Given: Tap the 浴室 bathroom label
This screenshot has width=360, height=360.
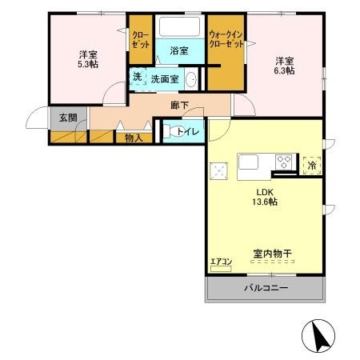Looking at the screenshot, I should [178, 51].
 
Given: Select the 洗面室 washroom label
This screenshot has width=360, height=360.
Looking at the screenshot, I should [165, 79].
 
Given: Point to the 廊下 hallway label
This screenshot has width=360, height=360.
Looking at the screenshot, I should [178, 104].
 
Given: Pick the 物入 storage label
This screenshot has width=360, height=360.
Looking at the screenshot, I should [134, 138].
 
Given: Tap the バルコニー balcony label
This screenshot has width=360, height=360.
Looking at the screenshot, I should [265, 289].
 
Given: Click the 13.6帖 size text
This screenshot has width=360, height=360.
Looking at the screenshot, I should [266, 203].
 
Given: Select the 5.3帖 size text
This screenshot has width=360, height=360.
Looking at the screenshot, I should [88, 66].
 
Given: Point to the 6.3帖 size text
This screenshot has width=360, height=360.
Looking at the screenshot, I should [285, 71].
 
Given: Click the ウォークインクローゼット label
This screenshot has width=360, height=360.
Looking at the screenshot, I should [226, 38].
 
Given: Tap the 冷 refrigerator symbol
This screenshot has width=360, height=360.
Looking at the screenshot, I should [312, 163].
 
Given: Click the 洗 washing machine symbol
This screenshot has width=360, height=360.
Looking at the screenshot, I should [137, 78].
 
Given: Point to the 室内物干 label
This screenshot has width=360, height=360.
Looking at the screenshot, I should [272, 254].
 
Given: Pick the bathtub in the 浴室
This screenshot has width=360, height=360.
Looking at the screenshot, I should [178, 26].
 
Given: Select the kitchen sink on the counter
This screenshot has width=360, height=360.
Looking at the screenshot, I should [246, 162].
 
